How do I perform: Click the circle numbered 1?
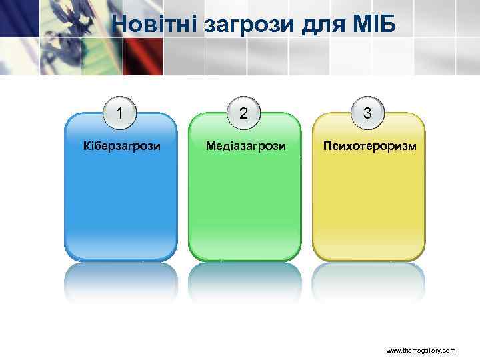pyautogui.click(x=120, y=113)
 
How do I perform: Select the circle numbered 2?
pyautogui.click(x=244, y=113)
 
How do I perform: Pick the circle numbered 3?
pyautogui.click(x=368, y=113)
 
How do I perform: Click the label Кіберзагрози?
pyautogui.click(x=121, y=145)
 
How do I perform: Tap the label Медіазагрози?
pyautogui.click(x=245, y=145)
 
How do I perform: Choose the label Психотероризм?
pyautogui.click(x=369, y=145)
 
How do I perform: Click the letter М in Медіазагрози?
pyautogui.click(x=210, y=145)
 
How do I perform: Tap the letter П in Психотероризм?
pyautogui.click(x=327, y=145)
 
